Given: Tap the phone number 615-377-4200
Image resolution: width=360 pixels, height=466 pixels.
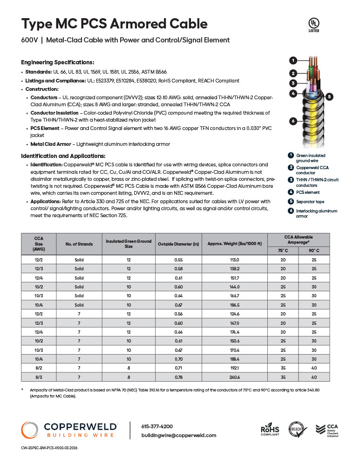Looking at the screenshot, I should click(x=156, y=426).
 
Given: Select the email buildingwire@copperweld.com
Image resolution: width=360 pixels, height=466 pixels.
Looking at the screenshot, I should click(x=179, y=435).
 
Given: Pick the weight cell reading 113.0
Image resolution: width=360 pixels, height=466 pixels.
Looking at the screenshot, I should click(x=235, y=260).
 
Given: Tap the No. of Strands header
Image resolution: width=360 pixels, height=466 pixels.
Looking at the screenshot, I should click(x=79, y=244).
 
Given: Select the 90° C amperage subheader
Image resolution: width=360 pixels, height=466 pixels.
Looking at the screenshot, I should click(x=314, y=251).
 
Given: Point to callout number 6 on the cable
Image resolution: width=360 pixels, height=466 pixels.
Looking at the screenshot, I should click(x=293, y=121).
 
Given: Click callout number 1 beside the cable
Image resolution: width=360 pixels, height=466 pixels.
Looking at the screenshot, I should click(x=293, y=60).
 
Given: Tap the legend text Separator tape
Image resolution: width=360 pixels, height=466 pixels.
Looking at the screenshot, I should click(x=310, y=202).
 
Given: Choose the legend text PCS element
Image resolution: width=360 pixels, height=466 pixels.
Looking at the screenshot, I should click(x=308, y=192).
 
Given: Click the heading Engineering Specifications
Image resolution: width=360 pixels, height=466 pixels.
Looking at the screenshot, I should click(x=58, y=62).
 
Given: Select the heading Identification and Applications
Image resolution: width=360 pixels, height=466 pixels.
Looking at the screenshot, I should click(x=63, y=156).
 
